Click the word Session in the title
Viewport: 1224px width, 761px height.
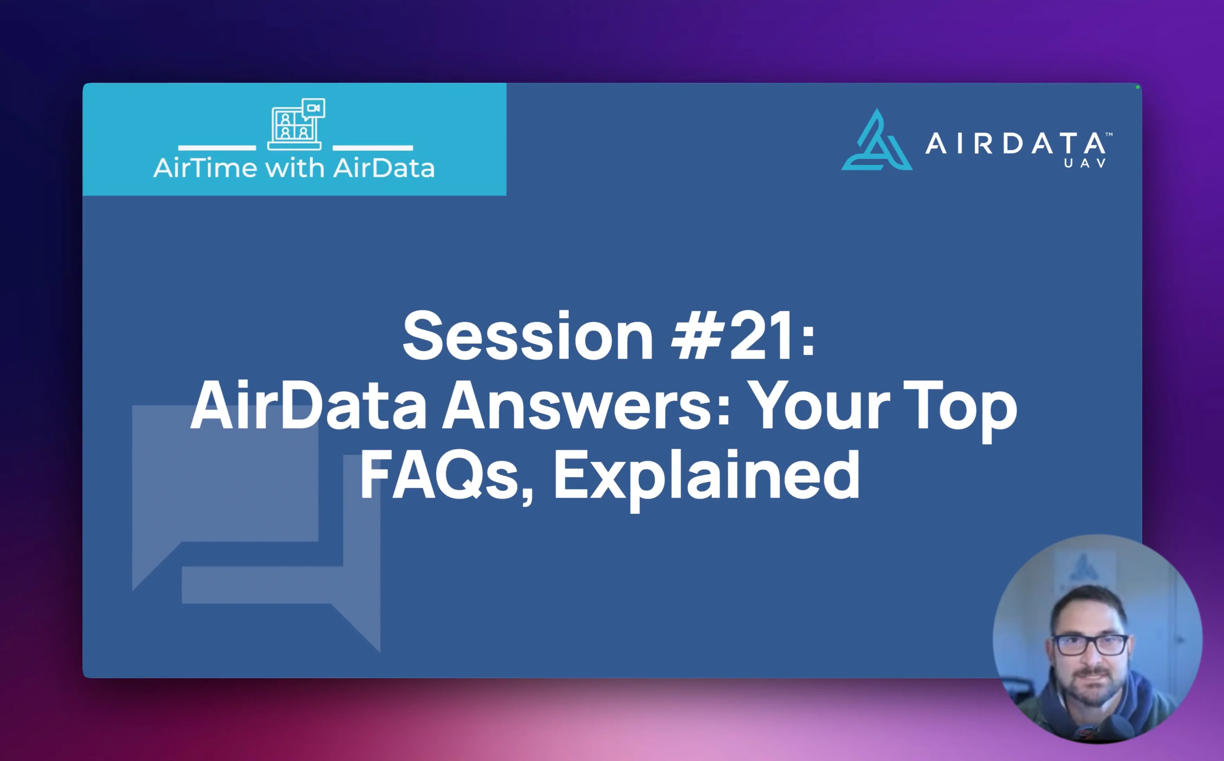pyautogui.click(x=527, y=336)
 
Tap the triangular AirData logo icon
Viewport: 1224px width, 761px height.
pyautogui.click(x=877, y=141)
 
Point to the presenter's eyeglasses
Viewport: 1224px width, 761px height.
pyautogui.click(x=1090, y=645)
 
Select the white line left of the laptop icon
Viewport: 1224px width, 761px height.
pyautogui.click(x=217, y=148)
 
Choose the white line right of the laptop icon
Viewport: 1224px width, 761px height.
pyautogui.click(x=372, y=148)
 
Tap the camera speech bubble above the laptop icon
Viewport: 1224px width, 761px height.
pyautogui.click(x=314, y=108)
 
